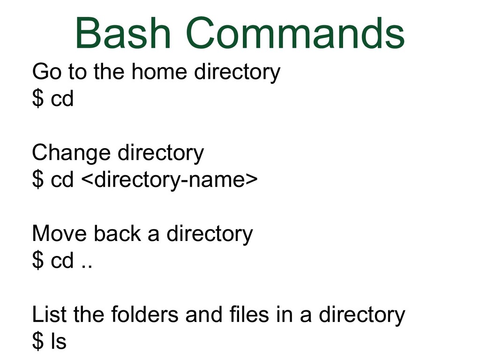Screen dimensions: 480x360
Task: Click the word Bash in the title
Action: pos(123,33)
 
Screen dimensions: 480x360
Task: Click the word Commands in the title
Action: pos(295,33)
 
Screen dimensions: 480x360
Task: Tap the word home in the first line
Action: pos(159,72)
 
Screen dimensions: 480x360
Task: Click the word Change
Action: pos(71,154)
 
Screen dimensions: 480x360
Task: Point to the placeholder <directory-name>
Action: pos(170,180)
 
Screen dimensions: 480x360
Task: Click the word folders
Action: pos(144,315)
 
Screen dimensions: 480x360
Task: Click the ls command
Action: pos(58,341)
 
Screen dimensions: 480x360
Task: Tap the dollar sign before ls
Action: pos(38,341)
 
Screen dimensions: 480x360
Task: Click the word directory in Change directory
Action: pos(160,154)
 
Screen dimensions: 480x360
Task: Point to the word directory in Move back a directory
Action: pos(210,234)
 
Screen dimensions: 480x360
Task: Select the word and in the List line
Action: pos(203,315)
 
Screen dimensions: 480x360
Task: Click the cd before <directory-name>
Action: pos(62,180)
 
